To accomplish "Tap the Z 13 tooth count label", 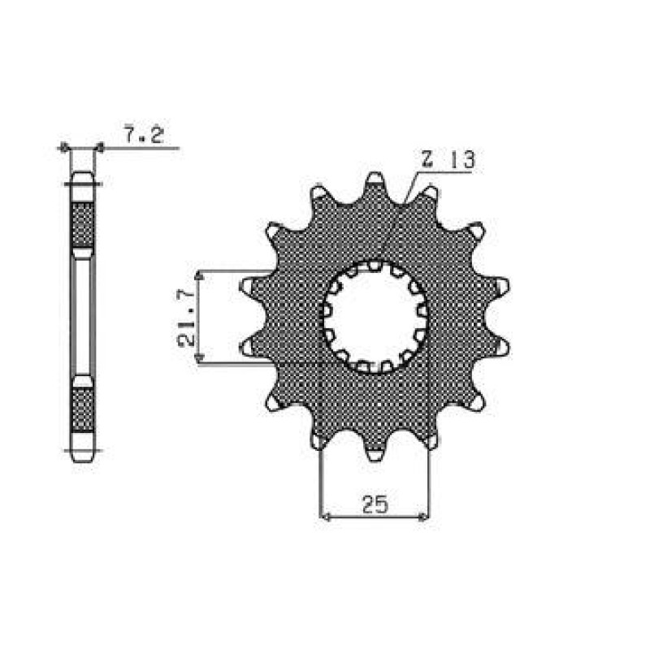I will (447, 159).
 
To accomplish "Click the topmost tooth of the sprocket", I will (375, 180).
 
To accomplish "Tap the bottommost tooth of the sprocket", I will (375, 453).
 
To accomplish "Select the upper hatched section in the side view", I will (83, 224).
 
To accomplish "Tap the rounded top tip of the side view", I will (83, 176).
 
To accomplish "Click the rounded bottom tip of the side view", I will (83, 457).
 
